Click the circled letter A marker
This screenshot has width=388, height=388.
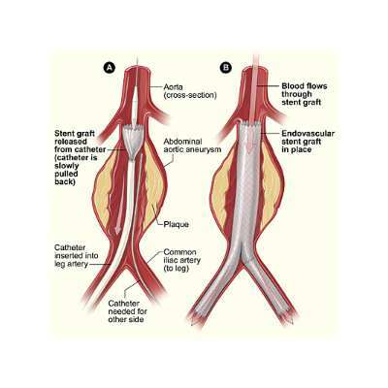point(110,67)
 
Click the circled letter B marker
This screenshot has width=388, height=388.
point(226,67)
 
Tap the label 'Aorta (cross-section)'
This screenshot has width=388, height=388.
point(190,91)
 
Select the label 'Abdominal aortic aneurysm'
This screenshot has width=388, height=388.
point(192,145)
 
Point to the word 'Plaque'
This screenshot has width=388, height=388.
point(177,224)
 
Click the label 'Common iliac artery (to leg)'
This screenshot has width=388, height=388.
point(182,260)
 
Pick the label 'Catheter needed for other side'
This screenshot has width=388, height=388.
point(128,311)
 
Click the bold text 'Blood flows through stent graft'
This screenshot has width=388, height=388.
point(305,94)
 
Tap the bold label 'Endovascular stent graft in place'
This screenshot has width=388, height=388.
point(307,142)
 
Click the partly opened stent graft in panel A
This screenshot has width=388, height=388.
point(135,143)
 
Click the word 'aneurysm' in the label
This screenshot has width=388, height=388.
point(205,149)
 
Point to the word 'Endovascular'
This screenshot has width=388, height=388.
point(307,134)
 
